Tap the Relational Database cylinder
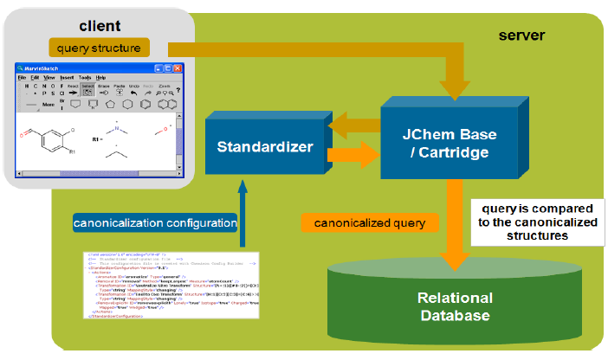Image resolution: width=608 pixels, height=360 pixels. pos(455,306)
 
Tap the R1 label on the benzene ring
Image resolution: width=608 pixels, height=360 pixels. pos(73,152)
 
